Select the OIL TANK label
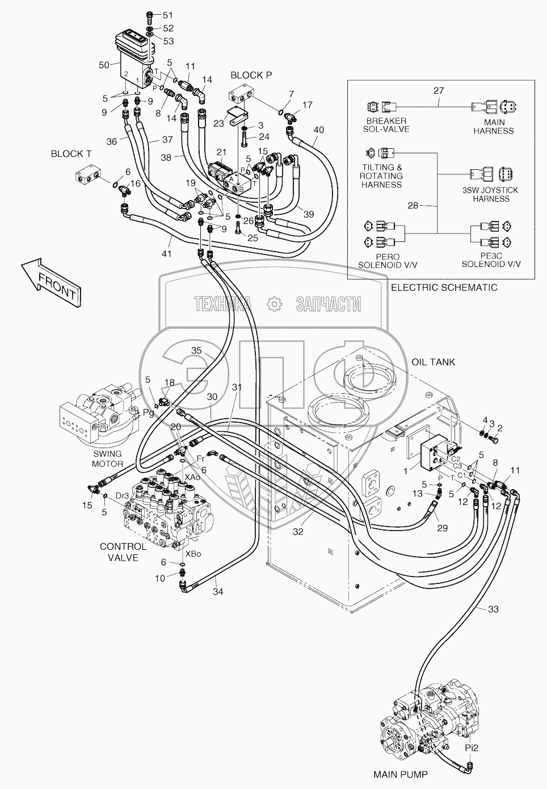(434, 362)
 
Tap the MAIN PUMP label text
(400, 774)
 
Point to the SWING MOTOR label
(108, 458)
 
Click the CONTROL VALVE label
(123, 552)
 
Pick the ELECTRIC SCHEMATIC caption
(444, 287)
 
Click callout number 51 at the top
(152, 15)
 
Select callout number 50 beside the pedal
(104, 65)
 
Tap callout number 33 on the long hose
(493, 610)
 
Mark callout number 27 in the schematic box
(438, 90)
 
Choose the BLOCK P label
(247, 75)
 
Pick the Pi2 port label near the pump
(472, 748)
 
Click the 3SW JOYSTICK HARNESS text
(491, 195)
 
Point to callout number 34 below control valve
(218, 591)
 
